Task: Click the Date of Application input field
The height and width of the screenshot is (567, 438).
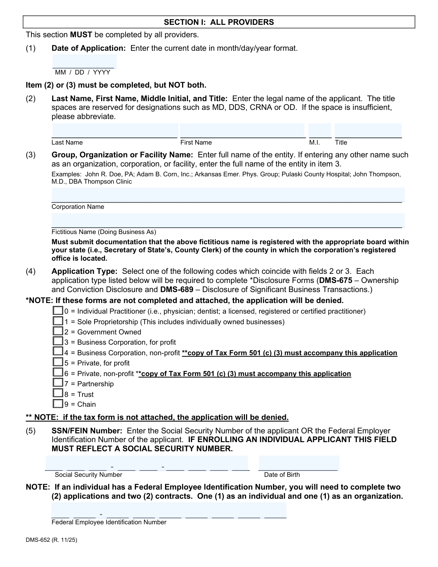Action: pos(84,61)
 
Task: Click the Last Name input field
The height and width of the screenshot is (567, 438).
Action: pos(115,130)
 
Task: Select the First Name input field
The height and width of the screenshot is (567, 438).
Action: pos(242,130)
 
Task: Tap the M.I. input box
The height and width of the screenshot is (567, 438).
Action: pos(320,130)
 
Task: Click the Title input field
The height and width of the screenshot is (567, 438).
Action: pos(368,130)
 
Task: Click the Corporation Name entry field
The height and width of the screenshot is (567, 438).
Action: pos(228,195)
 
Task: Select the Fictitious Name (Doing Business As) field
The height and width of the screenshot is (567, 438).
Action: pos(228,220)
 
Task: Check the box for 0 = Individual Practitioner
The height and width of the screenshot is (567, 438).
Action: pos(58,311)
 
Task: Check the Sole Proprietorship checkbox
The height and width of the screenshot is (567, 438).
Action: pos(58,321)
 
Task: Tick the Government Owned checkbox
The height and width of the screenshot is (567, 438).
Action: pos(58,332)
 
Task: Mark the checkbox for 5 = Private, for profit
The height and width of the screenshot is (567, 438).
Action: pos(58,363)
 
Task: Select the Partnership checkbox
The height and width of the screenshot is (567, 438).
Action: pos(58,383)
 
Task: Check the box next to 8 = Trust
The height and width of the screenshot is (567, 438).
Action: pos(58,394)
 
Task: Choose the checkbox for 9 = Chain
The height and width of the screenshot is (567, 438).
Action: pos(58,404)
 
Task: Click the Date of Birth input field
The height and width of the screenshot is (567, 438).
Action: pos(299,463)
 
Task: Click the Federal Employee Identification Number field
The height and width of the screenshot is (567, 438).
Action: pos(169,510)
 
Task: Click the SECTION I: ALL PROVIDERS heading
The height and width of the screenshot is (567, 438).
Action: pos(219,22)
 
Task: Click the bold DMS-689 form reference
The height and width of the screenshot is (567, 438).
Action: pos(177,290)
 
